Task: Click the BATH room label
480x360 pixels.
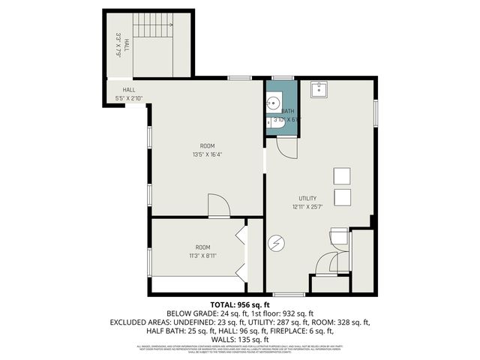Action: coord(288,111)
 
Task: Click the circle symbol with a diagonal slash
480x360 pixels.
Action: coord(277,242)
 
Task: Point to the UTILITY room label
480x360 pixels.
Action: coord(307,199)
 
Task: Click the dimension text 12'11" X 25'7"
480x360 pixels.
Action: coord(307,206)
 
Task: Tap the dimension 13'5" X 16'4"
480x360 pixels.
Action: coord(207,154)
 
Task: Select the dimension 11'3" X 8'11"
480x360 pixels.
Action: coord(202,255)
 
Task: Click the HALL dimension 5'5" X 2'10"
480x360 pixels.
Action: coord(129,98)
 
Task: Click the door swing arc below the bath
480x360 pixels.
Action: coord(286,145)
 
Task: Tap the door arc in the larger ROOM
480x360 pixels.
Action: coord(219,205)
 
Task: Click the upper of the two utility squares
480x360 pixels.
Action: coord(341,175)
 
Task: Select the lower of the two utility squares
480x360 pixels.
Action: coord(341,197)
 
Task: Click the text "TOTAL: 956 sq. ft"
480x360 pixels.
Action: coord(239,304)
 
